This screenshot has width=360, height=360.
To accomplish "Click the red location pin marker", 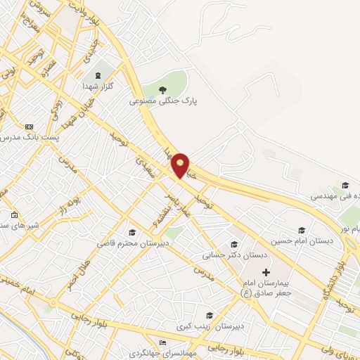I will pyautogui.click(x=181, y=165).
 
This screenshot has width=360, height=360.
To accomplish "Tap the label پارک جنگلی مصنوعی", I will pyautogui.click(x=164, y=101).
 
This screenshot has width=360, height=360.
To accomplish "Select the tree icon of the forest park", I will pyautogui.click(x=163, y=89).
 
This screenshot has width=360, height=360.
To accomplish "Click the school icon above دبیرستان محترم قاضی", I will pyautogui.click(x=131, y=232).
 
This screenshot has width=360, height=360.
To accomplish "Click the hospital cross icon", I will pyautogui.click(x=266, y=271).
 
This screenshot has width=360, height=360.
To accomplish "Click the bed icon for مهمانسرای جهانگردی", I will pyautogui.click(x=164, y=342).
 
